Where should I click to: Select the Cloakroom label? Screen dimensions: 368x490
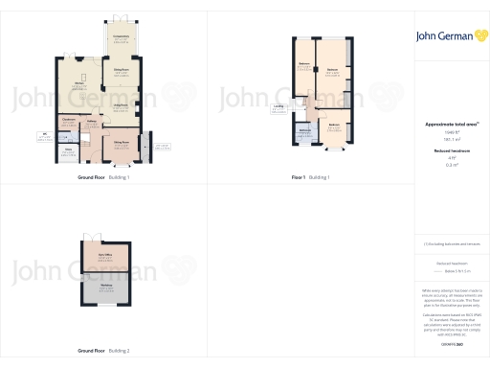(68, 119)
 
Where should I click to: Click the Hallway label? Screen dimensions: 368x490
(92, 122)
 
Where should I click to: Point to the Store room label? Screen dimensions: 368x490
(68, 149)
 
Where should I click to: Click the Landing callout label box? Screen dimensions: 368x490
(278, 107)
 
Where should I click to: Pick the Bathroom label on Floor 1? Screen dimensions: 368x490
(302, 130)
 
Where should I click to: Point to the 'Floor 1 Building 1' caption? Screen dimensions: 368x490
(309, 178)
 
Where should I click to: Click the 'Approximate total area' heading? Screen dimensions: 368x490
(446, 125)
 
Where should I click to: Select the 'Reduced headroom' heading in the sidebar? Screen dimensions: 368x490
(446, 150)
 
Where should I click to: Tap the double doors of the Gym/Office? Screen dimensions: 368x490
(92, 236)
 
